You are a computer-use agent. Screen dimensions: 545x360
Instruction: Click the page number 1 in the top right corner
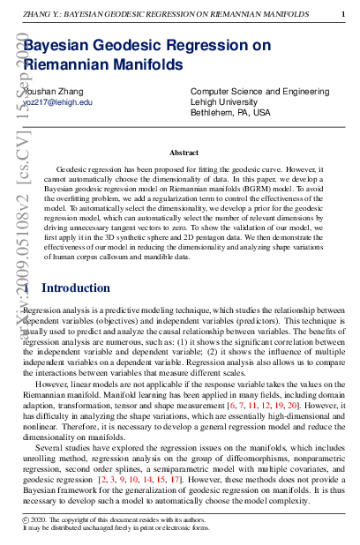click(342, 13)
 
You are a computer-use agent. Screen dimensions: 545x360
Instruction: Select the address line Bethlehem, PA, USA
click(230, 113)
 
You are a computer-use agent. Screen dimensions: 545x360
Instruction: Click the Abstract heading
click(184, 153)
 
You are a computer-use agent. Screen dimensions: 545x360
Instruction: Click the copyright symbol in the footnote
click(25, 521)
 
